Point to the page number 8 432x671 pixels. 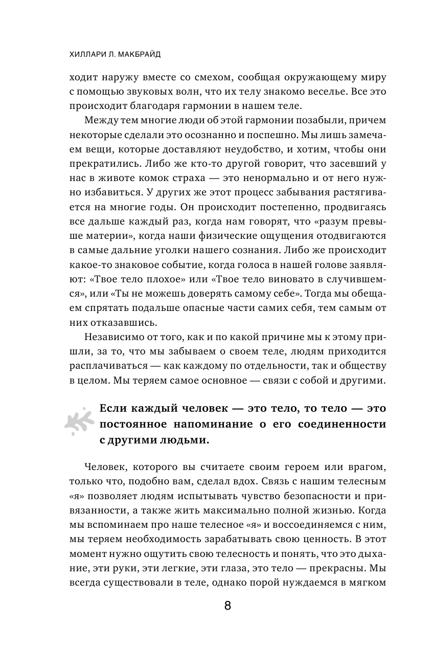228,606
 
